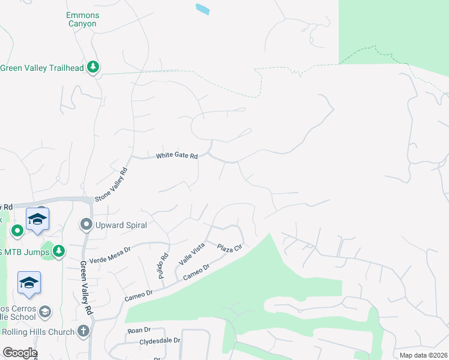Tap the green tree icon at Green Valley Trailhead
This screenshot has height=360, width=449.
[93, 67]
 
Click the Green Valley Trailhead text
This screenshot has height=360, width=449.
[41, 68]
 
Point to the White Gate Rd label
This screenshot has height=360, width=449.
[176, 156]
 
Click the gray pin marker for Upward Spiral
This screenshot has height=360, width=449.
[86, 225]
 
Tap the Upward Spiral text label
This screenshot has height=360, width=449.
[121, 225]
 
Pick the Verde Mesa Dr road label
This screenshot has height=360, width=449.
[110, 255]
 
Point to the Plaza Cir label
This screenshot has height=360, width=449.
[229, 248]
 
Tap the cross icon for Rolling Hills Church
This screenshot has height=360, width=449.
[83, 331]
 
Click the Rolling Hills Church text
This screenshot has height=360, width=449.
[38, 332]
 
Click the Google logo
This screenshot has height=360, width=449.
[19, 353]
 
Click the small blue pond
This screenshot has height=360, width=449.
[203, 9]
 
